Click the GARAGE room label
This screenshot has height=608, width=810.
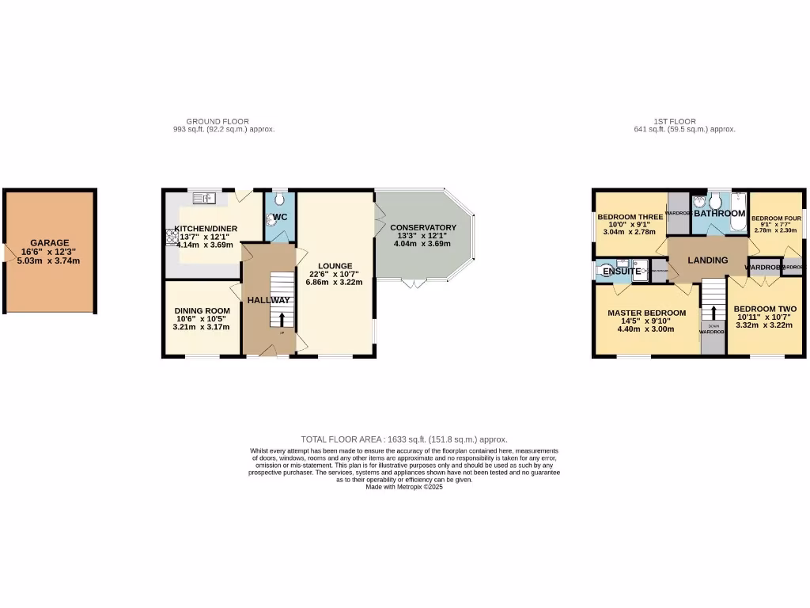(50, 243)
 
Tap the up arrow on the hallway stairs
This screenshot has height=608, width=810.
(281, 319)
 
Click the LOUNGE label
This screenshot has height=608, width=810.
(335, 265)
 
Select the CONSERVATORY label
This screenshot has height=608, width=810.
(423, 227)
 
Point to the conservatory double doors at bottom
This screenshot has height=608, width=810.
(413, 283)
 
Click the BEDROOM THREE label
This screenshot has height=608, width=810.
(630, 216)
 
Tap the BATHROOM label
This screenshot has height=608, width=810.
(720, 214)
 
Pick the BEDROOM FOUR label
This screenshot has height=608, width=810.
(776, 218)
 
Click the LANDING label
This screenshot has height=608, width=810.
(707, 260)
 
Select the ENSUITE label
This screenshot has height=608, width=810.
(622, 272)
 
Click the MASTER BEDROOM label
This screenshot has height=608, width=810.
(646, 313)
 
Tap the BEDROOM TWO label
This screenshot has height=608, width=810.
(764, 308)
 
